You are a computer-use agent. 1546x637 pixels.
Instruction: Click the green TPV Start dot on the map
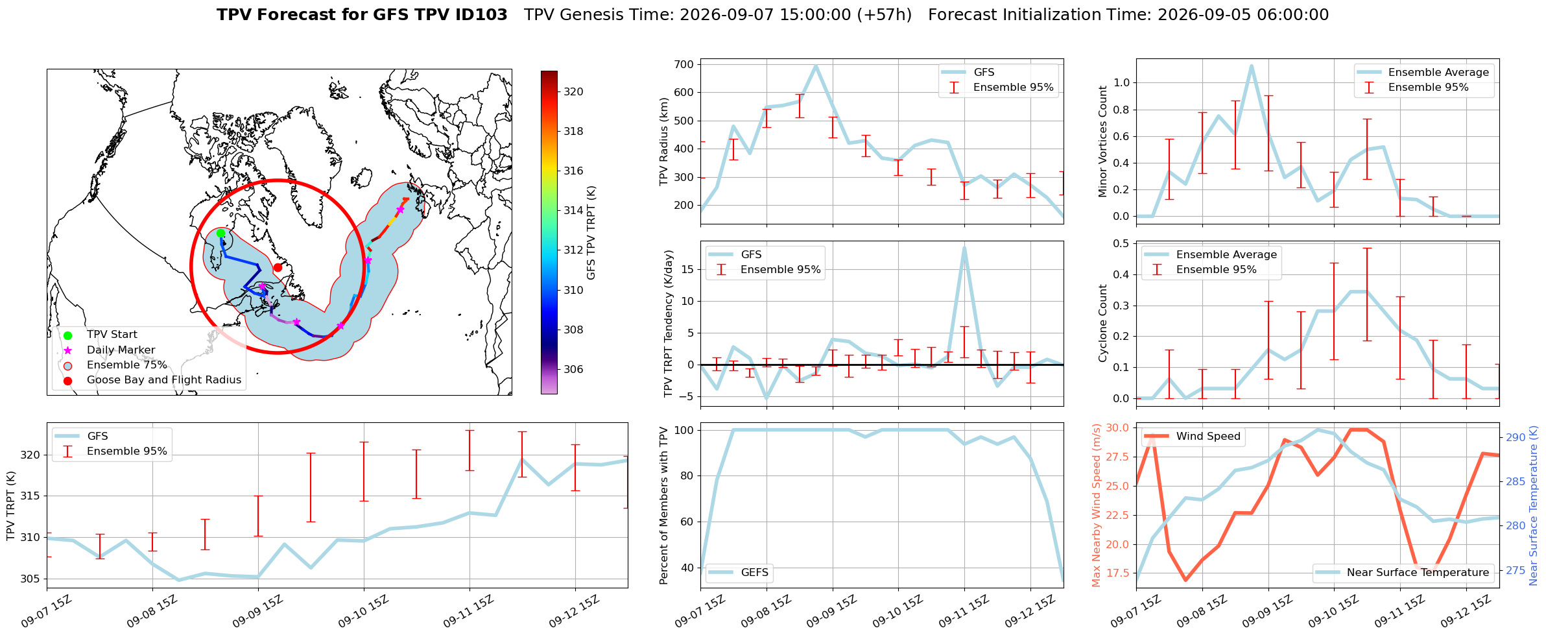click(220, 234)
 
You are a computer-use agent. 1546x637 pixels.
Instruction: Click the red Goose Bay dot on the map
click(278, 267)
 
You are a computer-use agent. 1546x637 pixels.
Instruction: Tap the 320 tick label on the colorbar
click(573, 92)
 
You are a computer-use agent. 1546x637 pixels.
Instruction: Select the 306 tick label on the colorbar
click(573, 370)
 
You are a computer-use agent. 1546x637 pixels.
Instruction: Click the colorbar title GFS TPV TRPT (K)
click(591, 233)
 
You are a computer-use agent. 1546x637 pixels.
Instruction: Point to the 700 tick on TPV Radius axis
click(685, 64)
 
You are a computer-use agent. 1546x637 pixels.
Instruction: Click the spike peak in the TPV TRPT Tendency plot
click(964, 247)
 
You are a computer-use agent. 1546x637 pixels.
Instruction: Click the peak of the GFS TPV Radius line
click(816, 65)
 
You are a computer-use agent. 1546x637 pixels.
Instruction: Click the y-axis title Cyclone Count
click(1103, 323)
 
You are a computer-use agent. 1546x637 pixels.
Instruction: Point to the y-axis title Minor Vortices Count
click(1103, 141)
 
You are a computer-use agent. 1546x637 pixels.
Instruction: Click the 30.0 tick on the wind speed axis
click(1116, 428)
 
